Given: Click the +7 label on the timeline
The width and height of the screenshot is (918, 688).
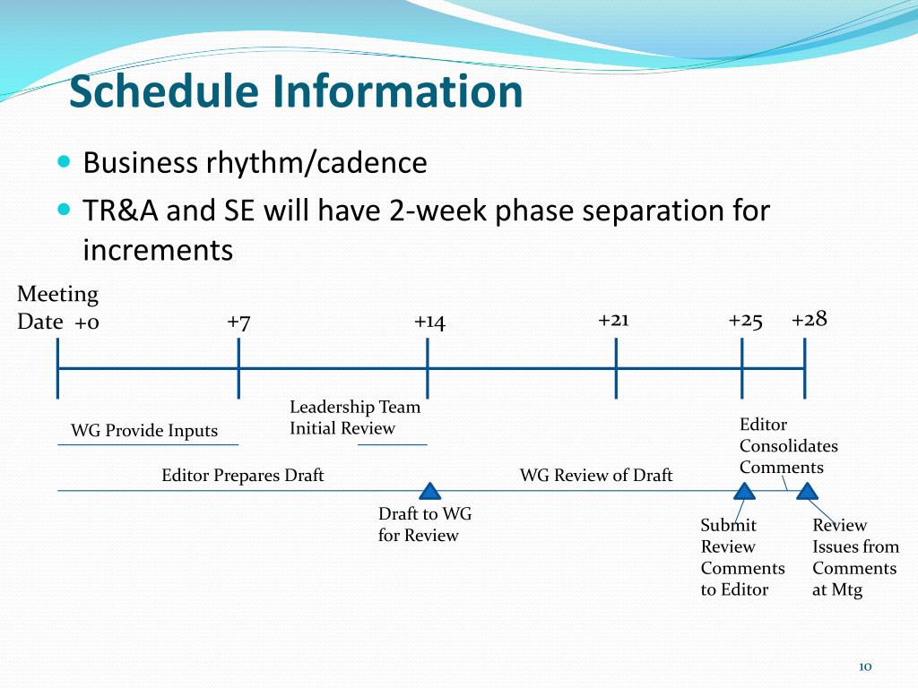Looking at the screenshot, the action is click(x=238, y=322).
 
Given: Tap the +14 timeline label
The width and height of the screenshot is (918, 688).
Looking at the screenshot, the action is click(x=429, y=322).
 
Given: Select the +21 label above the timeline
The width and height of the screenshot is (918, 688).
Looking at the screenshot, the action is click(x=613, y=320).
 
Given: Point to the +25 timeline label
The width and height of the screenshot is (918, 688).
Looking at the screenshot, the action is click(x=745, y=322).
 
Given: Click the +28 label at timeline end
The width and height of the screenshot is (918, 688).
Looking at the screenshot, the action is click(x=810, y=320).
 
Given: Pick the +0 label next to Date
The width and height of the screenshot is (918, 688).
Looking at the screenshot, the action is click(x=87, y=322).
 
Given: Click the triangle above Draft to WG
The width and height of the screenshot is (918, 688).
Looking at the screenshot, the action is click(x=429, y=492).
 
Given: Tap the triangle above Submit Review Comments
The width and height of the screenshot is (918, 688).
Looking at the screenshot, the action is click(x=744, y=492).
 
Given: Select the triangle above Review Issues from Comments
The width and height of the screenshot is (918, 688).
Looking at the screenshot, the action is click(x=807, y=492).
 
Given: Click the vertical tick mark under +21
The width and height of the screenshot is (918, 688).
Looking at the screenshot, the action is click(x=616, y=368).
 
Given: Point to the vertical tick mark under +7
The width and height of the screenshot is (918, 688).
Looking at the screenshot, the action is click(x=238, y=368).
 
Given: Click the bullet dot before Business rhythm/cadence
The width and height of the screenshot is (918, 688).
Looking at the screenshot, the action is click(x=64, y=161).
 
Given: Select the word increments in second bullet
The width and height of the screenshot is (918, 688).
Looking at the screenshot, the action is click(x=158, y=251).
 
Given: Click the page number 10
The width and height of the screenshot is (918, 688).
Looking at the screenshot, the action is click(x=865, y=666).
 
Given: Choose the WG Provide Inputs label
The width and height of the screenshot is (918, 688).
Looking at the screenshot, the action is click(x=144, y=431).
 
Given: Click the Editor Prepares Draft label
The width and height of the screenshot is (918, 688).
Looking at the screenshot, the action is click(x=242, y=475).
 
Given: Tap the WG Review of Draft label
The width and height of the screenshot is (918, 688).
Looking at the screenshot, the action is click(x=596, y=475).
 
